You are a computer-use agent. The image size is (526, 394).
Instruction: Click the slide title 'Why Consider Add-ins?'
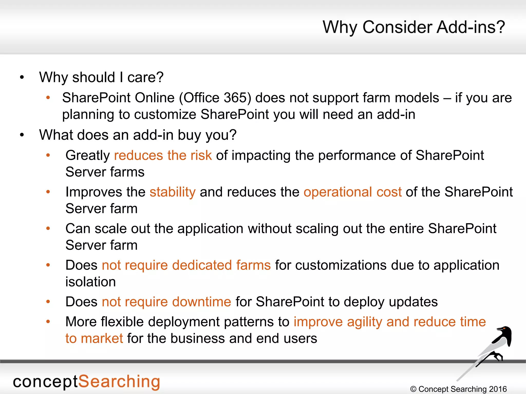[x=414, y=27]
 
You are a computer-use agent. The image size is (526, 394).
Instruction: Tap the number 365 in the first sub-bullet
[x=235, y=98]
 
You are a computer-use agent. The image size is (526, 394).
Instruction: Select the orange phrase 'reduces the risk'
[x=163, y=155]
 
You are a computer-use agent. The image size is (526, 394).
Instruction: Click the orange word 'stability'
[x=173, y=192]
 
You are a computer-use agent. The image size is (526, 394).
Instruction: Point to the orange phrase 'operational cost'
[x=352, y=192]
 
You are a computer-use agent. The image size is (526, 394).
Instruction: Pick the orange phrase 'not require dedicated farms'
[x=186, y=265]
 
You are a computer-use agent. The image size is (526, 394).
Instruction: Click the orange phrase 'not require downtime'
[x=166, y=302]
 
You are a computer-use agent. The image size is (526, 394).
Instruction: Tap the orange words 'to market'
[x=94, y=339]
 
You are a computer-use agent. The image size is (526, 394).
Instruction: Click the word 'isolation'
[x=90, y=282]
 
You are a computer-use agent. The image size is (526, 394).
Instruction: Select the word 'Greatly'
[x=88, y=155]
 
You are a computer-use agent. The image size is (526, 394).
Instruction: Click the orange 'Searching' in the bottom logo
[x=119, y=382]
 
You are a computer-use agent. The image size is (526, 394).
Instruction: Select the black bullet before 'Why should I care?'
[x=22, y=77]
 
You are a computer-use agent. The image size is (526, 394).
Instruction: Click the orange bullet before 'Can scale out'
[x=48, y=228]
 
